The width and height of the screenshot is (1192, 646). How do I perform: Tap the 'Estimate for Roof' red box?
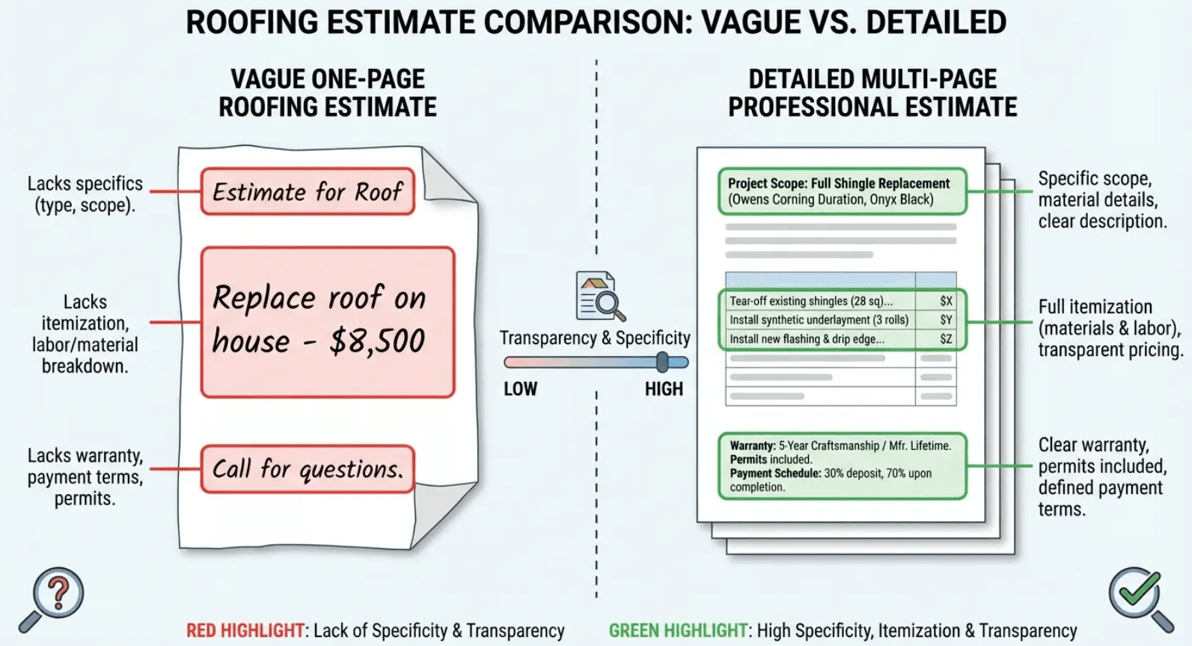pos(308,192)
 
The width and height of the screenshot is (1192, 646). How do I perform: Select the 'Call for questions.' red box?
pos(308,469)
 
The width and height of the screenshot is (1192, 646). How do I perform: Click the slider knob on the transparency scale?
pos(662,362)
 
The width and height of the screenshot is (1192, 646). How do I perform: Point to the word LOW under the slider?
pos(520,389)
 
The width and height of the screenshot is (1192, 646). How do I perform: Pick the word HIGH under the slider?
pos(664,389)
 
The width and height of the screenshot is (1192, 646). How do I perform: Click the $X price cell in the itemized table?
pos(946,301)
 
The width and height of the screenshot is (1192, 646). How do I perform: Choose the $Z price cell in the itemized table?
pos(946,339)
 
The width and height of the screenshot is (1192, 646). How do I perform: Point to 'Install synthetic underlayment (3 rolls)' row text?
pos(819,320)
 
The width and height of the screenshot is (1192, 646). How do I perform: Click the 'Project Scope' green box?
pos(842,192)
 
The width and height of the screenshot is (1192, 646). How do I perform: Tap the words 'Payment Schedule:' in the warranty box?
pos(775,473)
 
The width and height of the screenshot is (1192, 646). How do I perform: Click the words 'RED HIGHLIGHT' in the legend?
pos(245,631)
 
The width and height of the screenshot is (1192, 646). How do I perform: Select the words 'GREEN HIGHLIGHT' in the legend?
pos(678,631)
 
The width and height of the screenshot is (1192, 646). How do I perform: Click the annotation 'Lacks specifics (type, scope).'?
pos(85,194)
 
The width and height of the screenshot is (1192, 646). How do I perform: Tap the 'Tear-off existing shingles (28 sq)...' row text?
pos(811,301)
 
